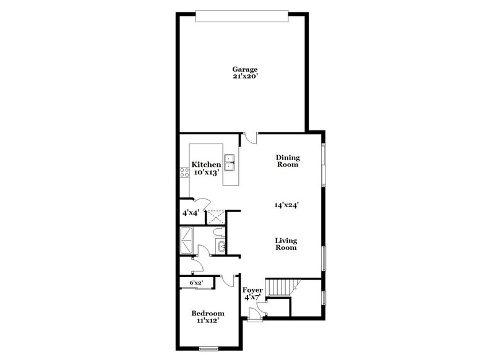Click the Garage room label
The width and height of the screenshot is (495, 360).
click(244, 69)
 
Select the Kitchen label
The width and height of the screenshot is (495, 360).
click(206, 165)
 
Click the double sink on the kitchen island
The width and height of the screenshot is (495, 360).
click(230, 162)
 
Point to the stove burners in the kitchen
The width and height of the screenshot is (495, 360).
click(184, 174)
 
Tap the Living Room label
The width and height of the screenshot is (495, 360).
click(286, 244)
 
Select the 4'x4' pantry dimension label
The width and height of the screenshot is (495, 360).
click(190, 213)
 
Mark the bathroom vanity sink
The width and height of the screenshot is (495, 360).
click(222, 248)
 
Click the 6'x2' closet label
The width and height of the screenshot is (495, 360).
click(196, 283)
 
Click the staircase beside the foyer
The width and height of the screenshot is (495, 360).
click(283, 288)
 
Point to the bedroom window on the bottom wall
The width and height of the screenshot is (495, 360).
click(210, 349)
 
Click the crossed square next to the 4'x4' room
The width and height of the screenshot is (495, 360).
click(215, 216)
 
